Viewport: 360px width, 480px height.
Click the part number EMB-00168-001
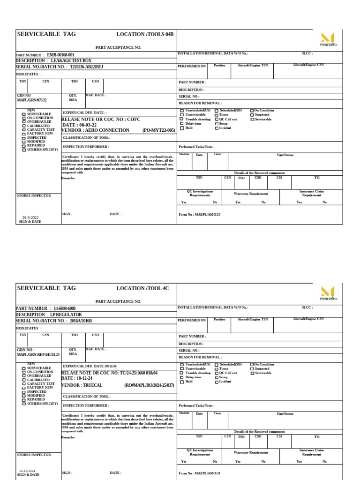click(x=60, y=55)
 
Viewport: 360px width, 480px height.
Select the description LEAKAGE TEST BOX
click(x=71, y=60)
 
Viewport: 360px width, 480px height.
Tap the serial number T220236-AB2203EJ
click(x=86, y=67)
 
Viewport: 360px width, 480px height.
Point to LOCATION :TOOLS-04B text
click(x=145, y=34)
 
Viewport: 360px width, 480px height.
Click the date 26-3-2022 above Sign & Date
click(x=30, y=217)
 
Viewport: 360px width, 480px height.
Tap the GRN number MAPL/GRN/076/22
click(x=32, y=100)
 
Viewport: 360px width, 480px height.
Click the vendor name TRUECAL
click(x=94, y=385)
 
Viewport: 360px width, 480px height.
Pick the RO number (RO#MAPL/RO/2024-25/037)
click(x=149, y=385)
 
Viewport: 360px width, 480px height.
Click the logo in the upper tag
click(x=328, y=39)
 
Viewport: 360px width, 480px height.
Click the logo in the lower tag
click(x=328, y=293)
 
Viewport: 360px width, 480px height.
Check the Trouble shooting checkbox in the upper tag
click(x=182, y=119)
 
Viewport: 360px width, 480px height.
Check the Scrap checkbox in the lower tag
click(x=217, y=377)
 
